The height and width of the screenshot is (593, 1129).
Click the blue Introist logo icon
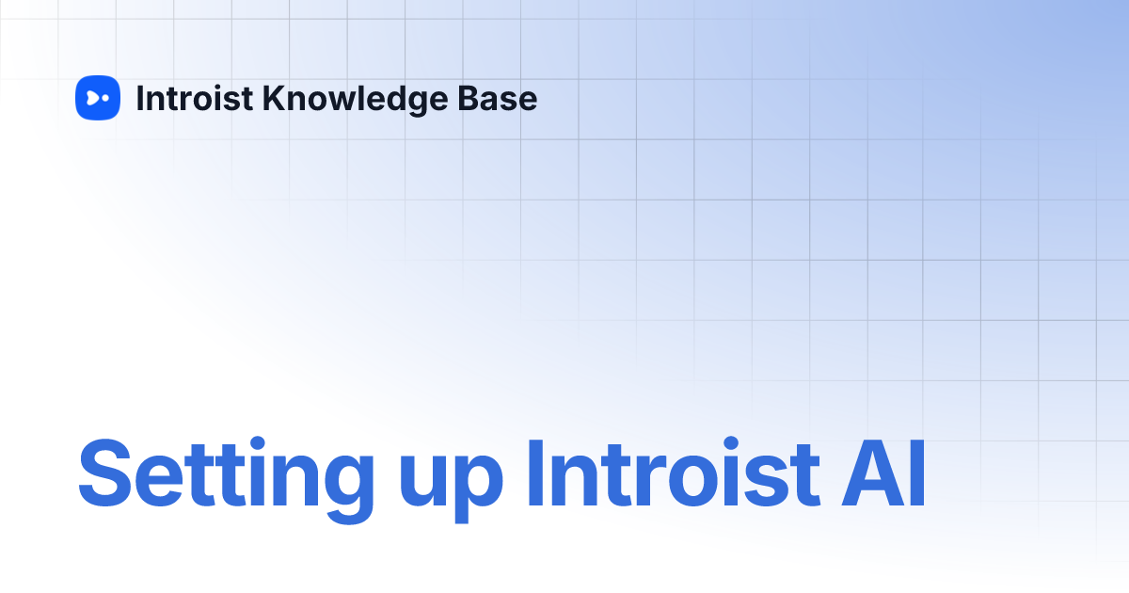[x=98, y=98]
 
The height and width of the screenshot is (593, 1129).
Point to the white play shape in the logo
[x=92, y=98]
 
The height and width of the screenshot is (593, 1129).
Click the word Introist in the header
[x=194, y=98]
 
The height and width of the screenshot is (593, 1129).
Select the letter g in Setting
[x=345, y=484]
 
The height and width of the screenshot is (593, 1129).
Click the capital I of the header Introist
[x=140, y=98]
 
